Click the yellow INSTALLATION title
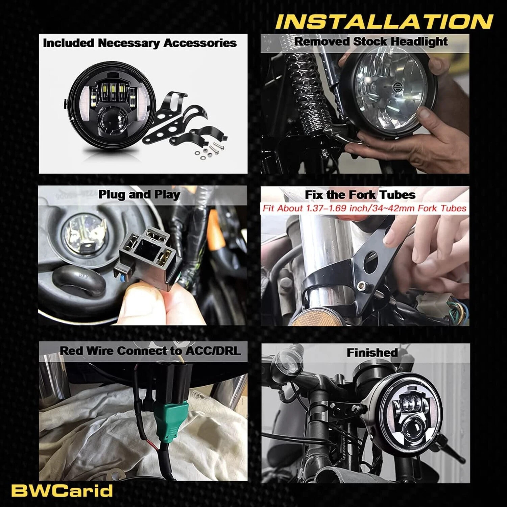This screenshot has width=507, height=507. [x=384, y=22]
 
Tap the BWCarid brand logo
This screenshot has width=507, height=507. [x=62, y=491]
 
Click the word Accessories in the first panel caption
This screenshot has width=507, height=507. [x=200, y=43]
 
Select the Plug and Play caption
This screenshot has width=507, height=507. [x=139, y=195]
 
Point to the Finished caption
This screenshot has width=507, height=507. [x=372, y=353]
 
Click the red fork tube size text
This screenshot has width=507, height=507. [x=365, y=208]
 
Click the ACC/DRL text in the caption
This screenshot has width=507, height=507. [x=212, y=351]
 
